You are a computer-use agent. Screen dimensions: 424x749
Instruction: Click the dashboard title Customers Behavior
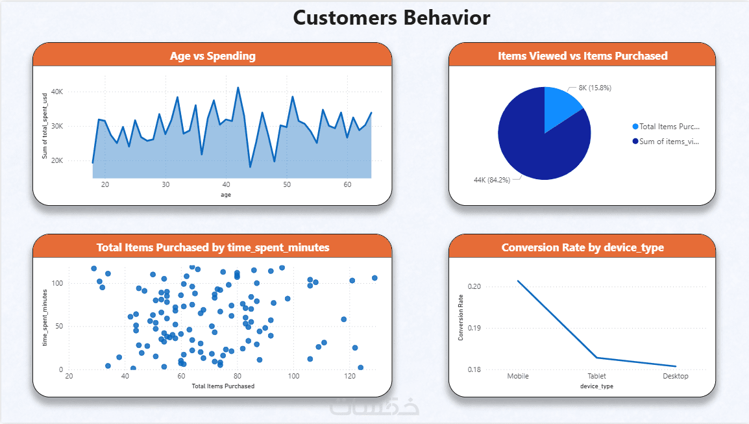(391, 18)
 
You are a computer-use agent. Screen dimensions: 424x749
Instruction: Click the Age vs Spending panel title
(212, 56)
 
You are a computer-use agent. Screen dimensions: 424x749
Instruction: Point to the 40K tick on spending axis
(57, 92)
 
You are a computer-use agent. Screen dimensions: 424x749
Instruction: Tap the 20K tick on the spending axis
(57, 161)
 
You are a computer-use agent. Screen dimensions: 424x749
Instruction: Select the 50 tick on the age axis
(286, 185)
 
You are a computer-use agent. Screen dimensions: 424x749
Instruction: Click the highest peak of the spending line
(238, 88)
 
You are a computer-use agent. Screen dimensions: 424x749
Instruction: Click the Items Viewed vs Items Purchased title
(582, 56)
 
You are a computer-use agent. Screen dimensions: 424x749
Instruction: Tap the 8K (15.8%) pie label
(590, 88)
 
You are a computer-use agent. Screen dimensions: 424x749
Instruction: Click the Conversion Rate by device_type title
(582, 247)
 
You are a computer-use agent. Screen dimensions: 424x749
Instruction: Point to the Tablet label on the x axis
(597, 376)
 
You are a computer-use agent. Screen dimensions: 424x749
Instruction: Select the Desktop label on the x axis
(675, 376)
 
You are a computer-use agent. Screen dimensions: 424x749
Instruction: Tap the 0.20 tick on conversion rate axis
(475, 286)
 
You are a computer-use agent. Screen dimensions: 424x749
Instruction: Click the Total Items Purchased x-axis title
(223, 386)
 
